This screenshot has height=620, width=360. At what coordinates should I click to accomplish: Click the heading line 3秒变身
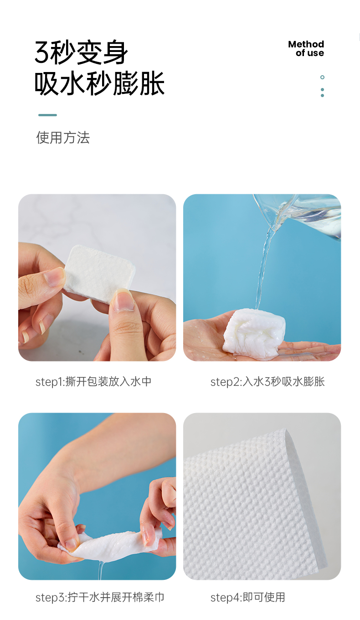(81, 52)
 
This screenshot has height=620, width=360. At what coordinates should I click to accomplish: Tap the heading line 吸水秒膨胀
(99, 83)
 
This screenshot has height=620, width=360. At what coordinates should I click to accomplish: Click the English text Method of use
(306, 48)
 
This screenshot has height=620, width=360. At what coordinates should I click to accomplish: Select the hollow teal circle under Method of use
(322, 77)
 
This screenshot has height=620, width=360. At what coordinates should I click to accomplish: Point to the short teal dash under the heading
(47, 115)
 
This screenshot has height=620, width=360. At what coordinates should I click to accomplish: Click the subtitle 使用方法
(63, 138)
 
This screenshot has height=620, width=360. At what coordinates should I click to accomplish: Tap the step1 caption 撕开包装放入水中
(108, 382)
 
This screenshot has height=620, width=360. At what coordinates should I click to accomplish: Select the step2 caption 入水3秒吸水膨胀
(283, 382)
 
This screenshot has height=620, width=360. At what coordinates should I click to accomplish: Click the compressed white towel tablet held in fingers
(98, 273)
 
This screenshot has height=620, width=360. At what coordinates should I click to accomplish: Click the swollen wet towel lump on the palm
(254, 334)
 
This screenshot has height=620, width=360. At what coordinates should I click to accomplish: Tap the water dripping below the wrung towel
(102, 570)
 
